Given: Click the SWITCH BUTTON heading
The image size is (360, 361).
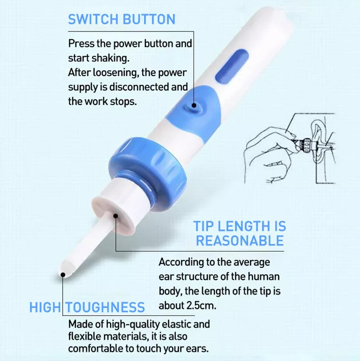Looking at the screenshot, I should click(121, 19).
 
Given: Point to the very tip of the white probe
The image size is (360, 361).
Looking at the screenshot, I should click(63, 274).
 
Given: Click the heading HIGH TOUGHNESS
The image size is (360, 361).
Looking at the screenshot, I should click(87, 307).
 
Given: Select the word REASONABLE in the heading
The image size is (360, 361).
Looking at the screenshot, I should click(240, 241).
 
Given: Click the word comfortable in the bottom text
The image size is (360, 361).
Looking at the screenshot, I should click(96, 349).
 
